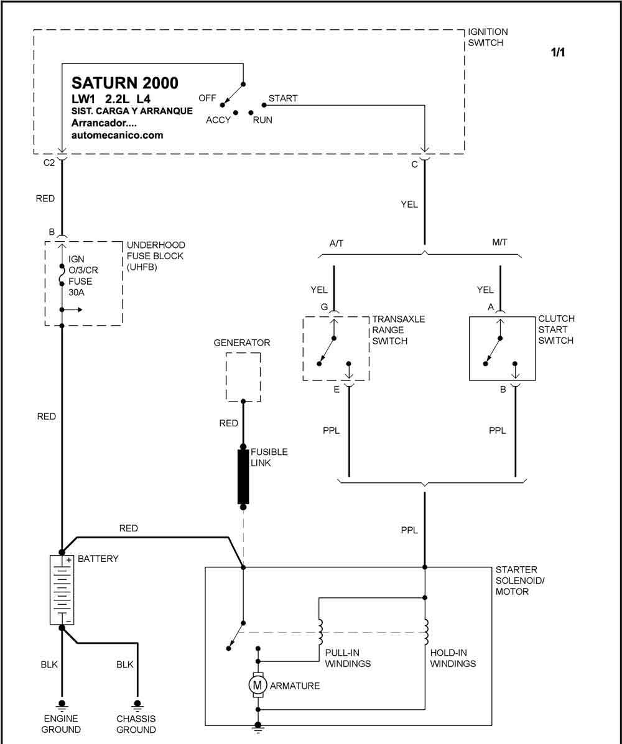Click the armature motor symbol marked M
point(258,685)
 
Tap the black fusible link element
point(243,476)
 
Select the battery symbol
point(62,590)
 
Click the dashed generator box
point(243,377)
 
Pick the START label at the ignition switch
point(283,98)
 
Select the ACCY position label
point(218,120)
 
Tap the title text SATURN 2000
point(125,83)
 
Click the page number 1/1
point(558,52)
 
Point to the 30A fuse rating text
point(77,292)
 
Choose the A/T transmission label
point(336,244)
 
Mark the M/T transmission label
point(499,242)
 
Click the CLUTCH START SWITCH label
point(556,329)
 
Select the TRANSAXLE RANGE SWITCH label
point(398,330)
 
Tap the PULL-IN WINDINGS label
point(348,658)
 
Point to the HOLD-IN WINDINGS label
point(453,658)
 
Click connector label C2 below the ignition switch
point(49,163)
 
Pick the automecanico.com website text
point(118,135)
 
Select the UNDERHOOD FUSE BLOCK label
point(155,255)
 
